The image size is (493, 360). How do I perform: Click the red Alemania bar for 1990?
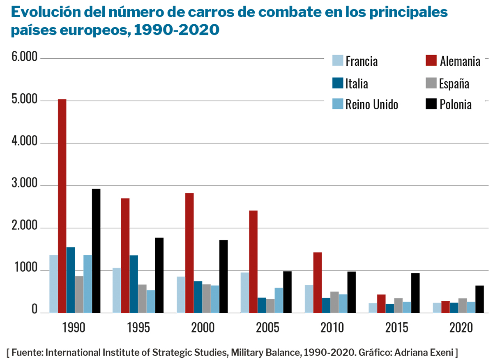62,205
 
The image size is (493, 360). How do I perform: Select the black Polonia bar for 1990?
96,251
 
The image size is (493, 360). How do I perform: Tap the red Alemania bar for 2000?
189,253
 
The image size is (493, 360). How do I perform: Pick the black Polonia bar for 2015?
415,293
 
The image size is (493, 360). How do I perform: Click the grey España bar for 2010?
334,302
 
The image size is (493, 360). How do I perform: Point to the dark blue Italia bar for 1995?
134,284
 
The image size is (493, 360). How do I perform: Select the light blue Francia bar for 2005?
245,292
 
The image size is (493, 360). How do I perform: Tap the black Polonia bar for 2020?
479,299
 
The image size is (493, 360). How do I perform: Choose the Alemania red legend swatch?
430,60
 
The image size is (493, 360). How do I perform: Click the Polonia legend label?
456,105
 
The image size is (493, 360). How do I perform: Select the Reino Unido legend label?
372,105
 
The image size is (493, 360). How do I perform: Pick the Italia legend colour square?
337,83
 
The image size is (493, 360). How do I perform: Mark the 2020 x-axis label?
461,328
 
